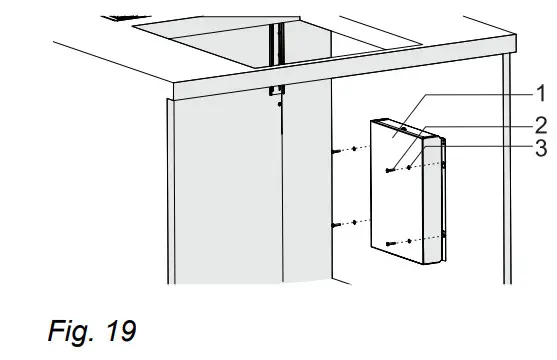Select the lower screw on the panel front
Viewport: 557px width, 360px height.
tap(387, 242)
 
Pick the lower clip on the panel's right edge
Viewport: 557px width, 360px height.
tap(444, 235)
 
